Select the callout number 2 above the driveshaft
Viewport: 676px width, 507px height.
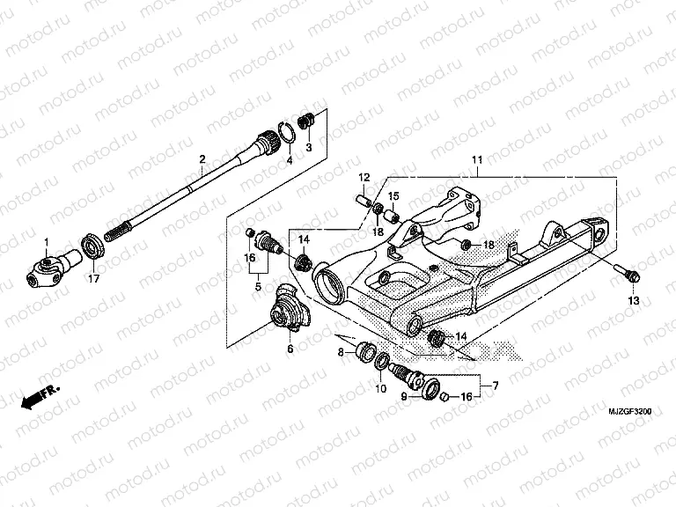[202, 160]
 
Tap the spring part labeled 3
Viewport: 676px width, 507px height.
[308, 121]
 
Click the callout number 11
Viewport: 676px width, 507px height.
[475, 160]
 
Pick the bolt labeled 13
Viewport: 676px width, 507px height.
[628, 274]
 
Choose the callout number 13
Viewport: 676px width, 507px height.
[632, 301]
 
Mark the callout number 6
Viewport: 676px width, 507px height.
[290, 349]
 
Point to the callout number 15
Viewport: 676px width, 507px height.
[393, 195]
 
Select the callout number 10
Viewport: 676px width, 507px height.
[381, 387]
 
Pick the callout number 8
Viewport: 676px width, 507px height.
[341, 352]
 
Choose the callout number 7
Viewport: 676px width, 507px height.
[496, 385]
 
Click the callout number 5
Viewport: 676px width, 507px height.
[257, 286]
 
